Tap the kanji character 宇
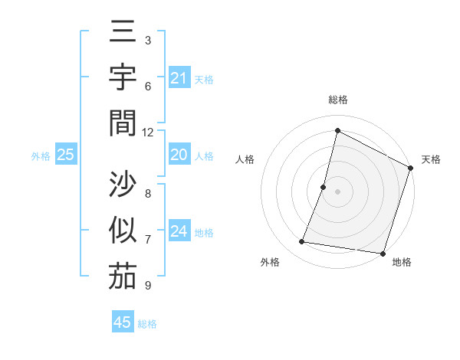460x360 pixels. [123, 78]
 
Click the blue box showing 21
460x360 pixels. [179, 78]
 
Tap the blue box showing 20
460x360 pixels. [179, 155]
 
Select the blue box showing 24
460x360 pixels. [179, 232]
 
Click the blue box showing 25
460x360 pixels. [66, 155]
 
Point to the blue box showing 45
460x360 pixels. [123, 322]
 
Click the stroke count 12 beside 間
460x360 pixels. [148, 132]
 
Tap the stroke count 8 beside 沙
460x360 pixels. [148, 194]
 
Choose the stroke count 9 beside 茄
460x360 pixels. [148, 286]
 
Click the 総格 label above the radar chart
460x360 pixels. [338, 100]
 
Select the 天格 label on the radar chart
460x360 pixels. [432, 159]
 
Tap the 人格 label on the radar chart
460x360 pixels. [245, 159]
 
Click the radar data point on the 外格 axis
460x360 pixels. [302, 242]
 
